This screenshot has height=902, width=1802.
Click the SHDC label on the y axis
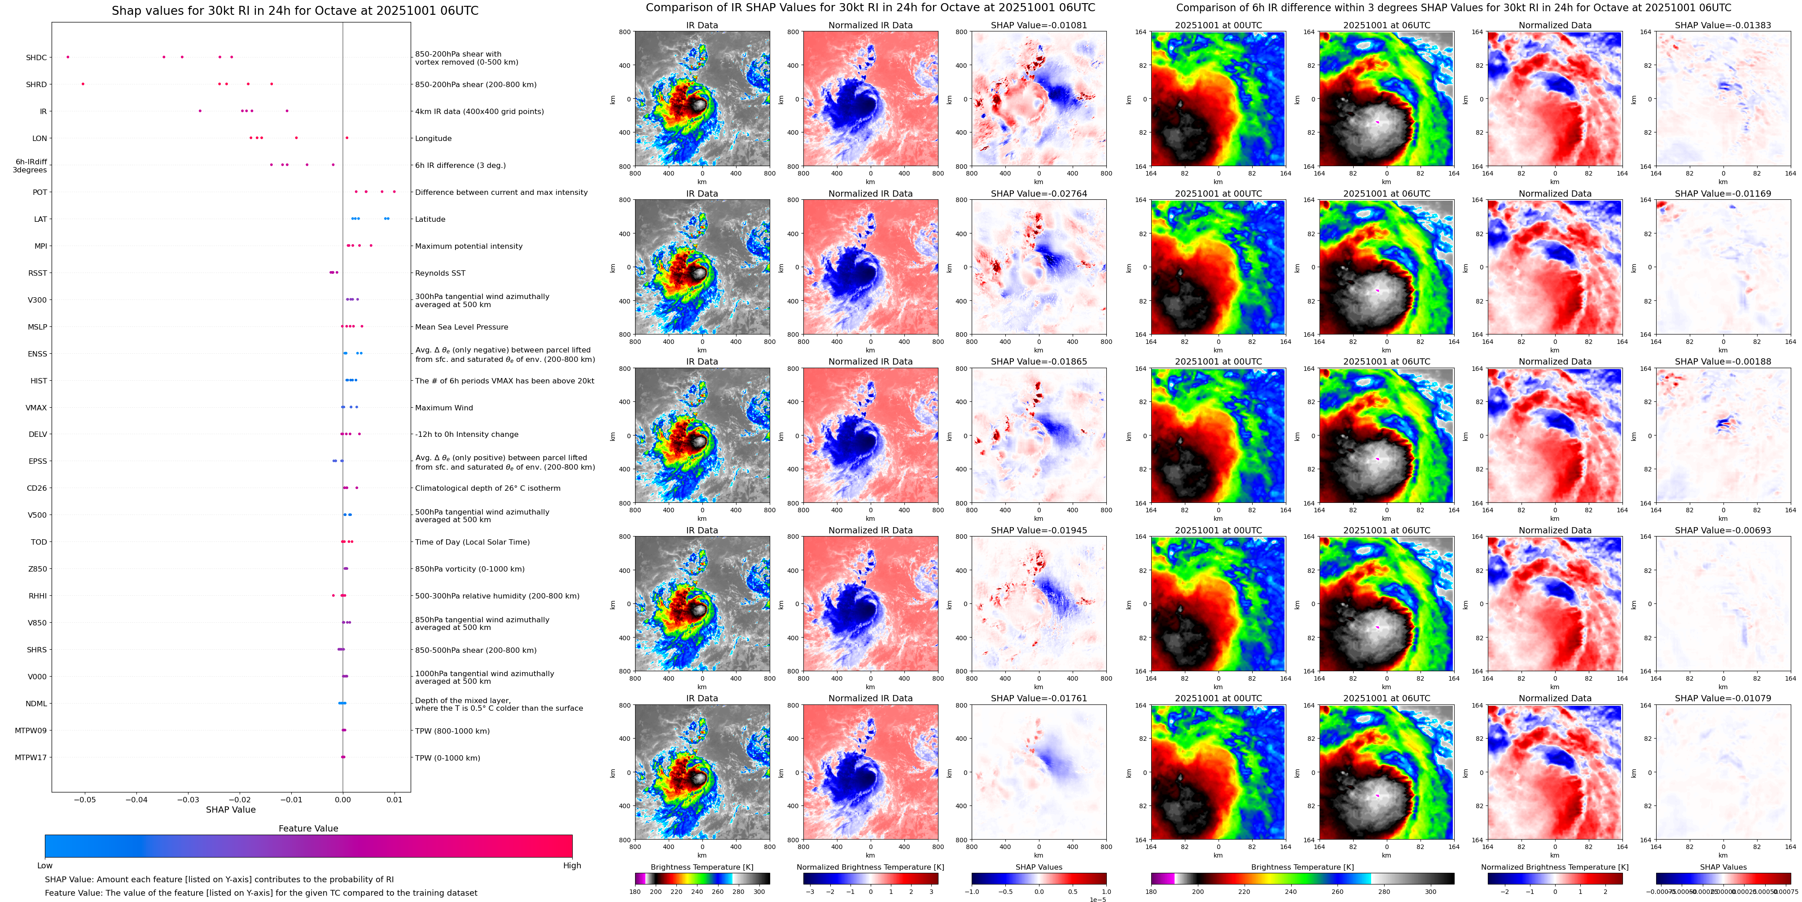tap(36, 57)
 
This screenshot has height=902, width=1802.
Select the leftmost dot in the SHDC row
tap(68, 57)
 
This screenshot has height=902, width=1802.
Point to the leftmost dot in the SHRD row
tap(83, 84)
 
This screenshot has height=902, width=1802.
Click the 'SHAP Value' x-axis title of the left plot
tap(231, 810)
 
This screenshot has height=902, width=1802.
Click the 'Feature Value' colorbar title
tap(308, 828)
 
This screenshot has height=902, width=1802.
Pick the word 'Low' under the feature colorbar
tap(45, 866)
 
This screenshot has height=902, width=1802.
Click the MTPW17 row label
tap(31, 757)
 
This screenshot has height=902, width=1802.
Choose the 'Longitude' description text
tap(433, 139)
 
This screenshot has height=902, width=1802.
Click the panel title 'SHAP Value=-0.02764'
tap(1039, 194)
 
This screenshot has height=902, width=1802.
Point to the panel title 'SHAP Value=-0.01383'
tap(1723, 25)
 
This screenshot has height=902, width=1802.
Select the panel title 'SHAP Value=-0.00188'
tap(1723, 362)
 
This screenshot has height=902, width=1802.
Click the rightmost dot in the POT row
tap(394, 192)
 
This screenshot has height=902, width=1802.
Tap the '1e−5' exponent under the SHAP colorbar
tap(1097, 899)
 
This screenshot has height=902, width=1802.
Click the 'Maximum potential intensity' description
tap(469, 246)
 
